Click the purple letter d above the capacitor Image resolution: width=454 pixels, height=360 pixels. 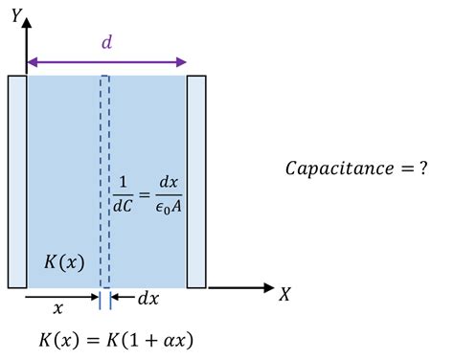[x=106, y=42]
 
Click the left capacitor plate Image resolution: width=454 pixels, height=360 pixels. [x=17, y=182]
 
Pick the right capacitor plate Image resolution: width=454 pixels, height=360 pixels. [x=196, y=182]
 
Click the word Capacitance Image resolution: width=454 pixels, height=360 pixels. [x=331, y=169]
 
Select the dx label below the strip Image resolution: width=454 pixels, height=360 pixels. [x=148, y=299]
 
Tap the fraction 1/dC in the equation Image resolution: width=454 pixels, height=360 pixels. [x=125, y=192]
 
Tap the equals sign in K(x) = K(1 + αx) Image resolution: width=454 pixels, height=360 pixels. [x=101, y=339]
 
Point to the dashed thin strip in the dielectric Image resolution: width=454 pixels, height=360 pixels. [x=105, y=182]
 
